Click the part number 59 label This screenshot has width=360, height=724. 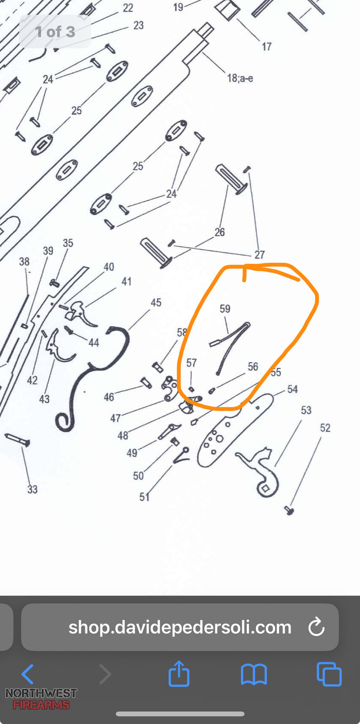(225, 309)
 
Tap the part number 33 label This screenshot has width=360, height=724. (32, 489)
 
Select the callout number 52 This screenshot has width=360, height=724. (325, 428)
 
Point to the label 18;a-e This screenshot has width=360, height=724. (240, 78)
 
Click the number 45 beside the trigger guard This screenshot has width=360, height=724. (156, 303)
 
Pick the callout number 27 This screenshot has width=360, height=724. (260, 255)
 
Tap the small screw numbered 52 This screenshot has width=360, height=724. (289, 511)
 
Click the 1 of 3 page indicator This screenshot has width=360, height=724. (55, 32)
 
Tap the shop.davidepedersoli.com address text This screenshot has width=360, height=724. (180, 627)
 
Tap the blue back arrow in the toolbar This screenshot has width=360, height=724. (28, 674)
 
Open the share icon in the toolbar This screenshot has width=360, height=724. (179, 674)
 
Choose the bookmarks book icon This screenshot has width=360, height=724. (254, 675)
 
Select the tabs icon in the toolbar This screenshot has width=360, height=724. (329, 674)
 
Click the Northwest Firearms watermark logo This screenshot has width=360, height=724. (41, 699)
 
